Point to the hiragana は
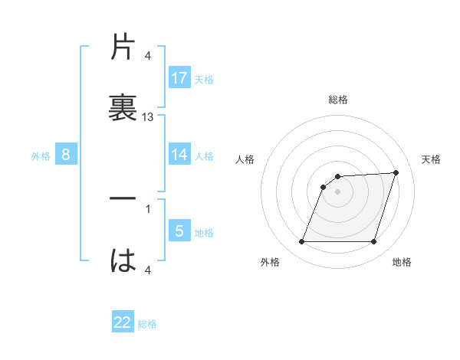123,260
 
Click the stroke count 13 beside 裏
148,117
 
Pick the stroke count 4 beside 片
148,56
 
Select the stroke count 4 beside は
148,269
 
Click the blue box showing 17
179,77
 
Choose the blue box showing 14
179,155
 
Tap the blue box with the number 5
179,231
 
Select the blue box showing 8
66,155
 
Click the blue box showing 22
123,322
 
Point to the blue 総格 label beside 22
147,324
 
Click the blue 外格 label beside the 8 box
41,156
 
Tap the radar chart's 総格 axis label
338,100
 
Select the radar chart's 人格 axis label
245,159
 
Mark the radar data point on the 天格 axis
396,172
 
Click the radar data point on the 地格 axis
374,242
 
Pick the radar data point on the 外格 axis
301,242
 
